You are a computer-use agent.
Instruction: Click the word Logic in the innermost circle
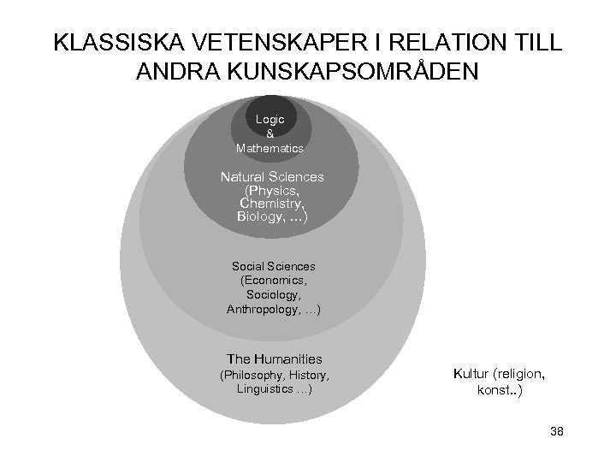pos(270,120)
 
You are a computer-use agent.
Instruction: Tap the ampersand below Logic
pos(270,134)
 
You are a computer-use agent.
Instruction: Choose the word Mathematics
pos(270,148)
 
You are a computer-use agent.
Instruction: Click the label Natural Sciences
pos(272,176)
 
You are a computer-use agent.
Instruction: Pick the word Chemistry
pos(269,203)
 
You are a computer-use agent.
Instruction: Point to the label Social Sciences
pos(272,267)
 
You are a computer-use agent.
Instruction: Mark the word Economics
pos(275,281)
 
